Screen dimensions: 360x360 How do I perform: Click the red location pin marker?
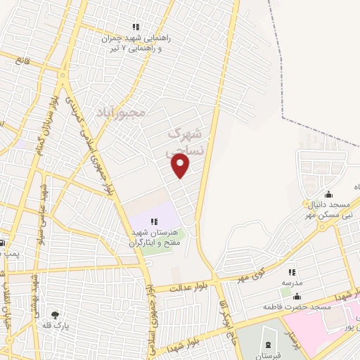181,166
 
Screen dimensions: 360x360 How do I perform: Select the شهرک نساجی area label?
186,141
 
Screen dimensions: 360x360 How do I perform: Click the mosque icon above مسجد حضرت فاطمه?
296,296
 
